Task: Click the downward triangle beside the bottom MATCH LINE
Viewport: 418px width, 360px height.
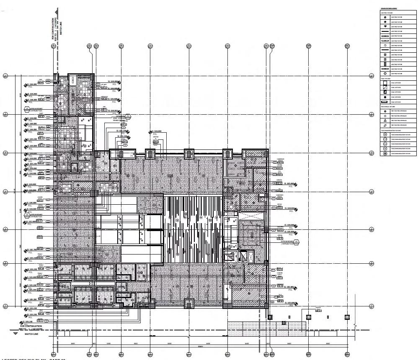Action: click(15, 334)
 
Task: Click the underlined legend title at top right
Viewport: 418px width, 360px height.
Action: click(389, 8)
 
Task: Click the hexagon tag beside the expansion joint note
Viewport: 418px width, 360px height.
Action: click(129, 116)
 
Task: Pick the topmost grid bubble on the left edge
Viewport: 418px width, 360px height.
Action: click(5, 76)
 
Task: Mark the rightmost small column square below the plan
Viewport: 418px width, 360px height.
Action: click(346, 316)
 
